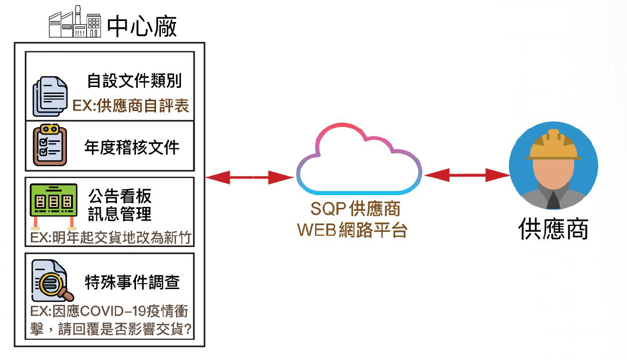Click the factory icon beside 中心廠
click(74, 22)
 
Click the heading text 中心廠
click(142, 26)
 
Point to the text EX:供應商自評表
click(131, 106)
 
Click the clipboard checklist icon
click(49, 146)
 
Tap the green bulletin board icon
click(53, 203)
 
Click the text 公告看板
click(120, 196)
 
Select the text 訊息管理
click(120, 214)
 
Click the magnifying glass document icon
click(51, 281)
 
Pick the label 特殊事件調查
click(133, 282)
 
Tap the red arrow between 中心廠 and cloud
click(249, 178)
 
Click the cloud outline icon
click(358, 162)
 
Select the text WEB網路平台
click(352, 230)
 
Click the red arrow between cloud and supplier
click(467, 175)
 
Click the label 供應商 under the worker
click(553, 228)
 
